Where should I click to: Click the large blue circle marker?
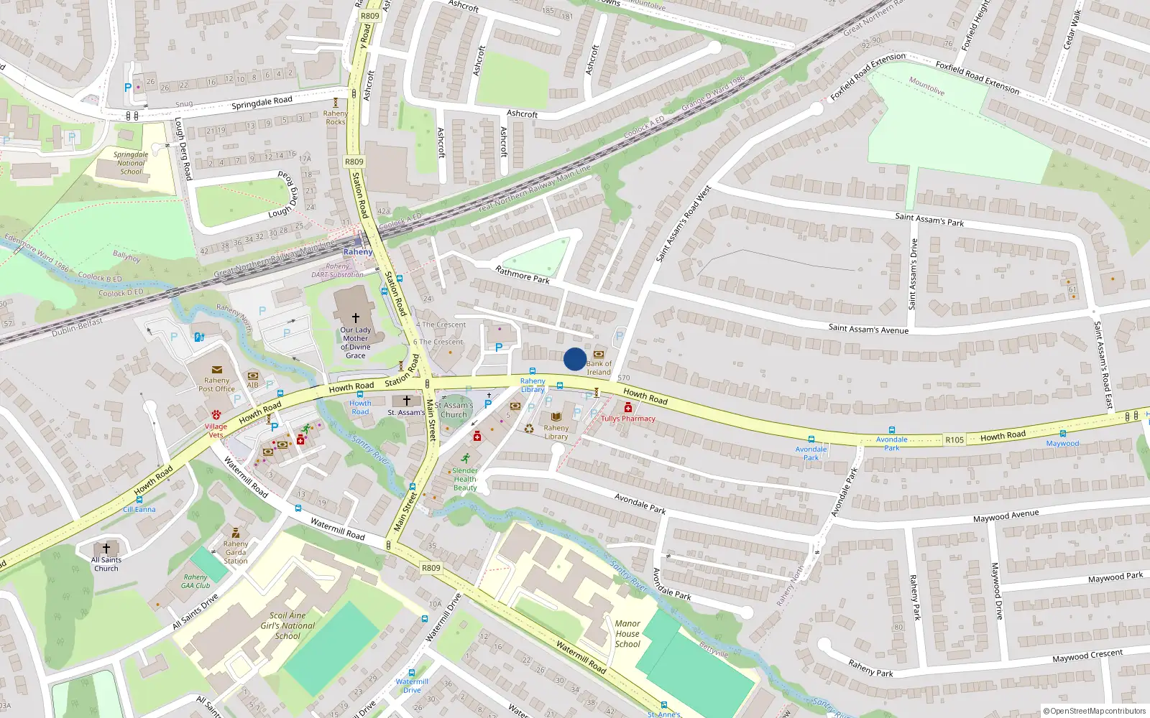tap(574, 359)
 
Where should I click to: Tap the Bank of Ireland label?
tap(599, 368)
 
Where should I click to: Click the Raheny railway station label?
tap(358, 252)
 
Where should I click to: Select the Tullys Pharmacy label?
tap(628, 419)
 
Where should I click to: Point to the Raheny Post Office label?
tap(216, 385)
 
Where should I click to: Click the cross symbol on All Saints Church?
tap(106, 548)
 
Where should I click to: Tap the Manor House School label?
tap(627, 634)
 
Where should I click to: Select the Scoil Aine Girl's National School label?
tap(287, 625)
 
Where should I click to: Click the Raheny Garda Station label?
tap(236, 552)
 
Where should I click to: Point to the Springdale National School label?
tap(131, 163)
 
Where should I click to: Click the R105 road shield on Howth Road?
tap(954, 440)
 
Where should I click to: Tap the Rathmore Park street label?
tap(523, 274)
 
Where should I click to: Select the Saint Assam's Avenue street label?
tap(868, 329)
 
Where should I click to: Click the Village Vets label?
tap(216, 430)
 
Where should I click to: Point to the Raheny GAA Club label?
tap(195, 581)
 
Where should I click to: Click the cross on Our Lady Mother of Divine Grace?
tap(355, 317)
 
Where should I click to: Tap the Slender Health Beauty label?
tap(465, 479)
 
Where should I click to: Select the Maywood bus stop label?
tap(1062, 443)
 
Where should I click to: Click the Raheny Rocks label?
tap(336, 118)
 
